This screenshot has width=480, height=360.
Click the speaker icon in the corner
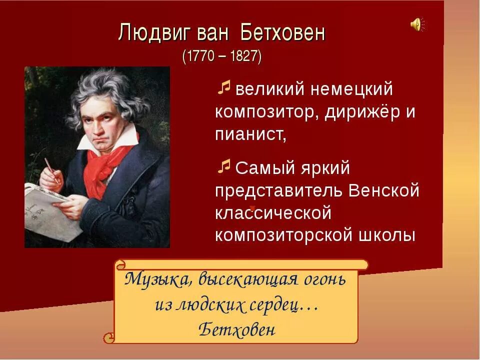coord(417,24)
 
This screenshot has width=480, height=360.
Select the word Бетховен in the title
coord(283,33)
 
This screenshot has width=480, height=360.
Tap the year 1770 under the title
coord(199,56)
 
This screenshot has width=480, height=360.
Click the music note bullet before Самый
coord(224,165)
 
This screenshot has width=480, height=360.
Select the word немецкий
coord(352,90)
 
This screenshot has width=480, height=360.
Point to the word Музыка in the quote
coord(155,278)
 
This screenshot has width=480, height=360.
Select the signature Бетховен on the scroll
coord(236,329)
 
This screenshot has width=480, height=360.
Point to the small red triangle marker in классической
coord(253,207)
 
